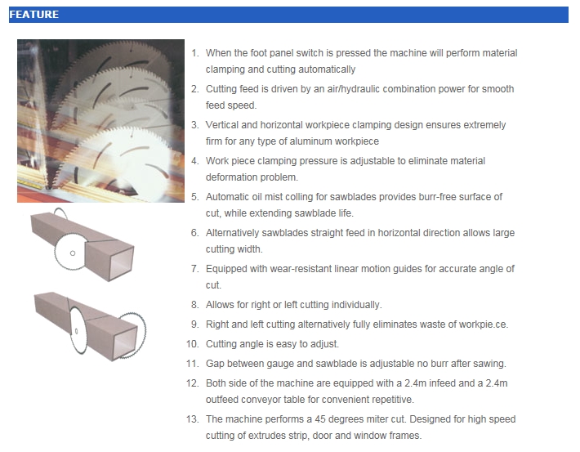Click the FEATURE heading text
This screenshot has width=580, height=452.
[33, 15]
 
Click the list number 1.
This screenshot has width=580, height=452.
[194, 53]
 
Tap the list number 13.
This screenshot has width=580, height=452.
[192, 419]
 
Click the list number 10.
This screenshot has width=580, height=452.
[192, 344]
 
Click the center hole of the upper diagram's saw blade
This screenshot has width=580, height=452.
[73, 253]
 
